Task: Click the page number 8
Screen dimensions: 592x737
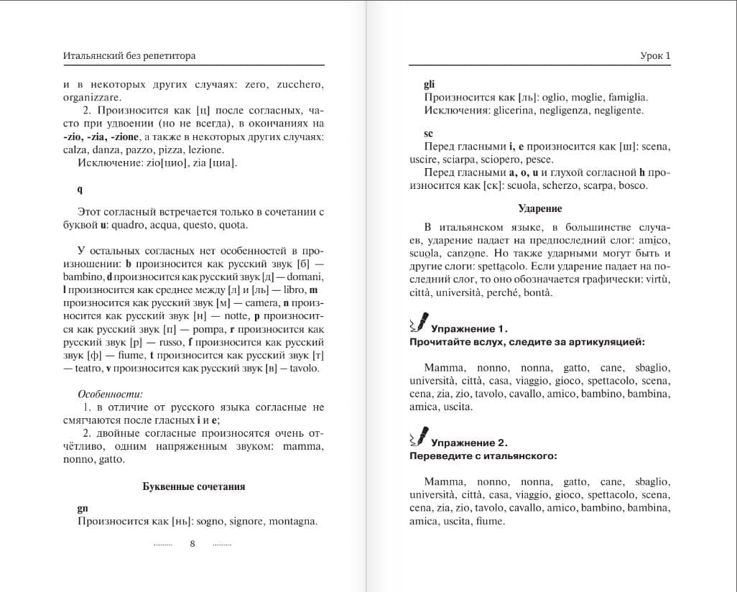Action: click(193, 544)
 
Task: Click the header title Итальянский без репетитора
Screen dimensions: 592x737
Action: click(129, 55)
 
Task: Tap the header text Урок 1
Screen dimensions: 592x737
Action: click(654, 55)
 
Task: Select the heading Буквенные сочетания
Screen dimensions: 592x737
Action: click(194, 486)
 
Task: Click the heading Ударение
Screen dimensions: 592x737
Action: click(539, 208)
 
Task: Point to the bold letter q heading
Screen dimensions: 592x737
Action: click(80, 190)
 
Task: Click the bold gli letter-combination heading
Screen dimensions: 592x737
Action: click(430, 84)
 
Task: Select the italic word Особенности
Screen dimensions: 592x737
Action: click(110, 394)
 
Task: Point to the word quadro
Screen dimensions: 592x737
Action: click(130, 225)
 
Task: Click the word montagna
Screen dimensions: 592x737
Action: click(293, 522)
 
